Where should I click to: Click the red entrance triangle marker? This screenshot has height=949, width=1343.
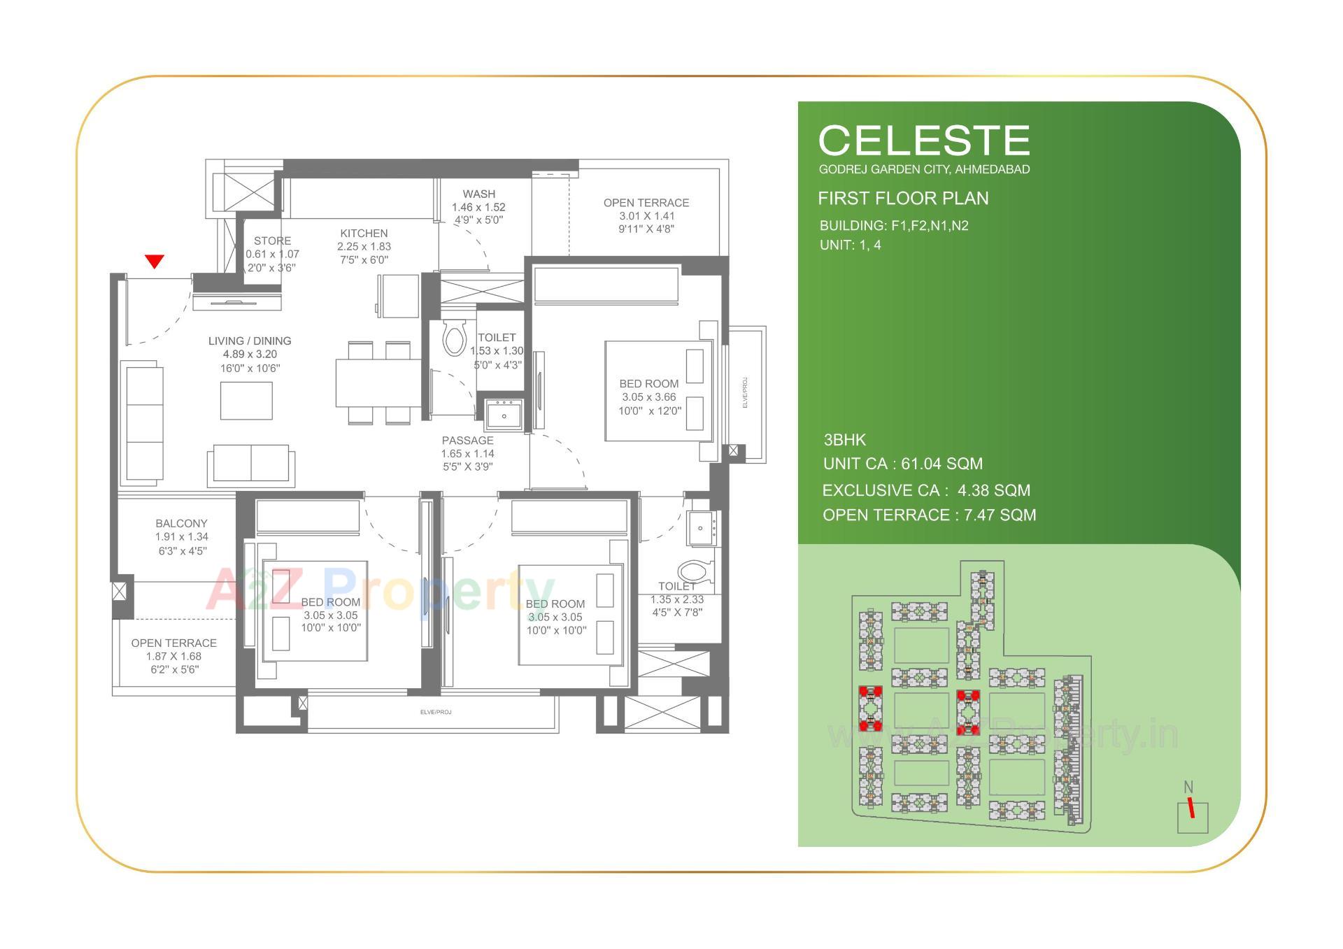pos(154,261)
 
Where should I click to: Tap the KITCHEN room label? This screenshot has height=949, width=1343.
pos(364,234)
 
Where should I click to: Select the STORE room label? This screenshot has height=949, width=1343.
pos(272,241)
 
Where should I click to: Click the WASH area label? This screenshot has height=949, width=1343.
pos(478,194)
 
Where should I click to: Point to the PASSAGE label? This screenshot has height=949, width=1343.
pos(467,441)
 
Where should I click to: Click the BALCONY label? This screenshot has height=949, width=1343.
pos(181,523)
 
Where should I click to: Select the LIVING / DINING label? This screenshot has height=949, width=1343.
pos(250,341)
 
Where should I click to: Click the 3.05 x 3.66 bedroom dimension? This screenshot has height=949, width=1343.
pos(648,397)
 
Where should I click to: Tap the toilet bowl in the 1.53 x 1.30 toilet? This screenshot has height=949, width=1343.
pos(454,339)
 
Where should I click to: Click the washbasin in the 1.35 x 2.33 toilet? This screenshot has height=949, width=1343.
pos(700,529)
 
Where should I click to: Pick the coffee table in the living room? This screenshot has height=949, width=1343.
pos(246,401)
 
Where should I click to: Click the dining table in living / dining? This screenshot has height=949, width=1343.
pos(378,383)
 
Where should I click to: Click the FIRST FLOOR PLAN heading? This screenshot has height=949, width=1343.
pos(903,199)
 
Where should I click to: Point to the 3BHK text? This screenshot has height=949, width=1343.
pos(844,440)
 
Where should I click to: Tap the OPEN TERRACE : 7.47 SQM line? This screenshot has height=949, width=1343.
pos(929,515)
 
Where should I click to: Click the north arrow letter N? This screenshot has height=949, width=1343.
pos(1188,787)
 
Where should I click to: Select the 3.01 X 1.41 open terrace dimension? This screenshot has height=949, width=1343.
pos(646,216)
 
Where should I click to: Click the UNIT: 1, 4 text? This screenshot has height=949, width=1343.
pos(850,245)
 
